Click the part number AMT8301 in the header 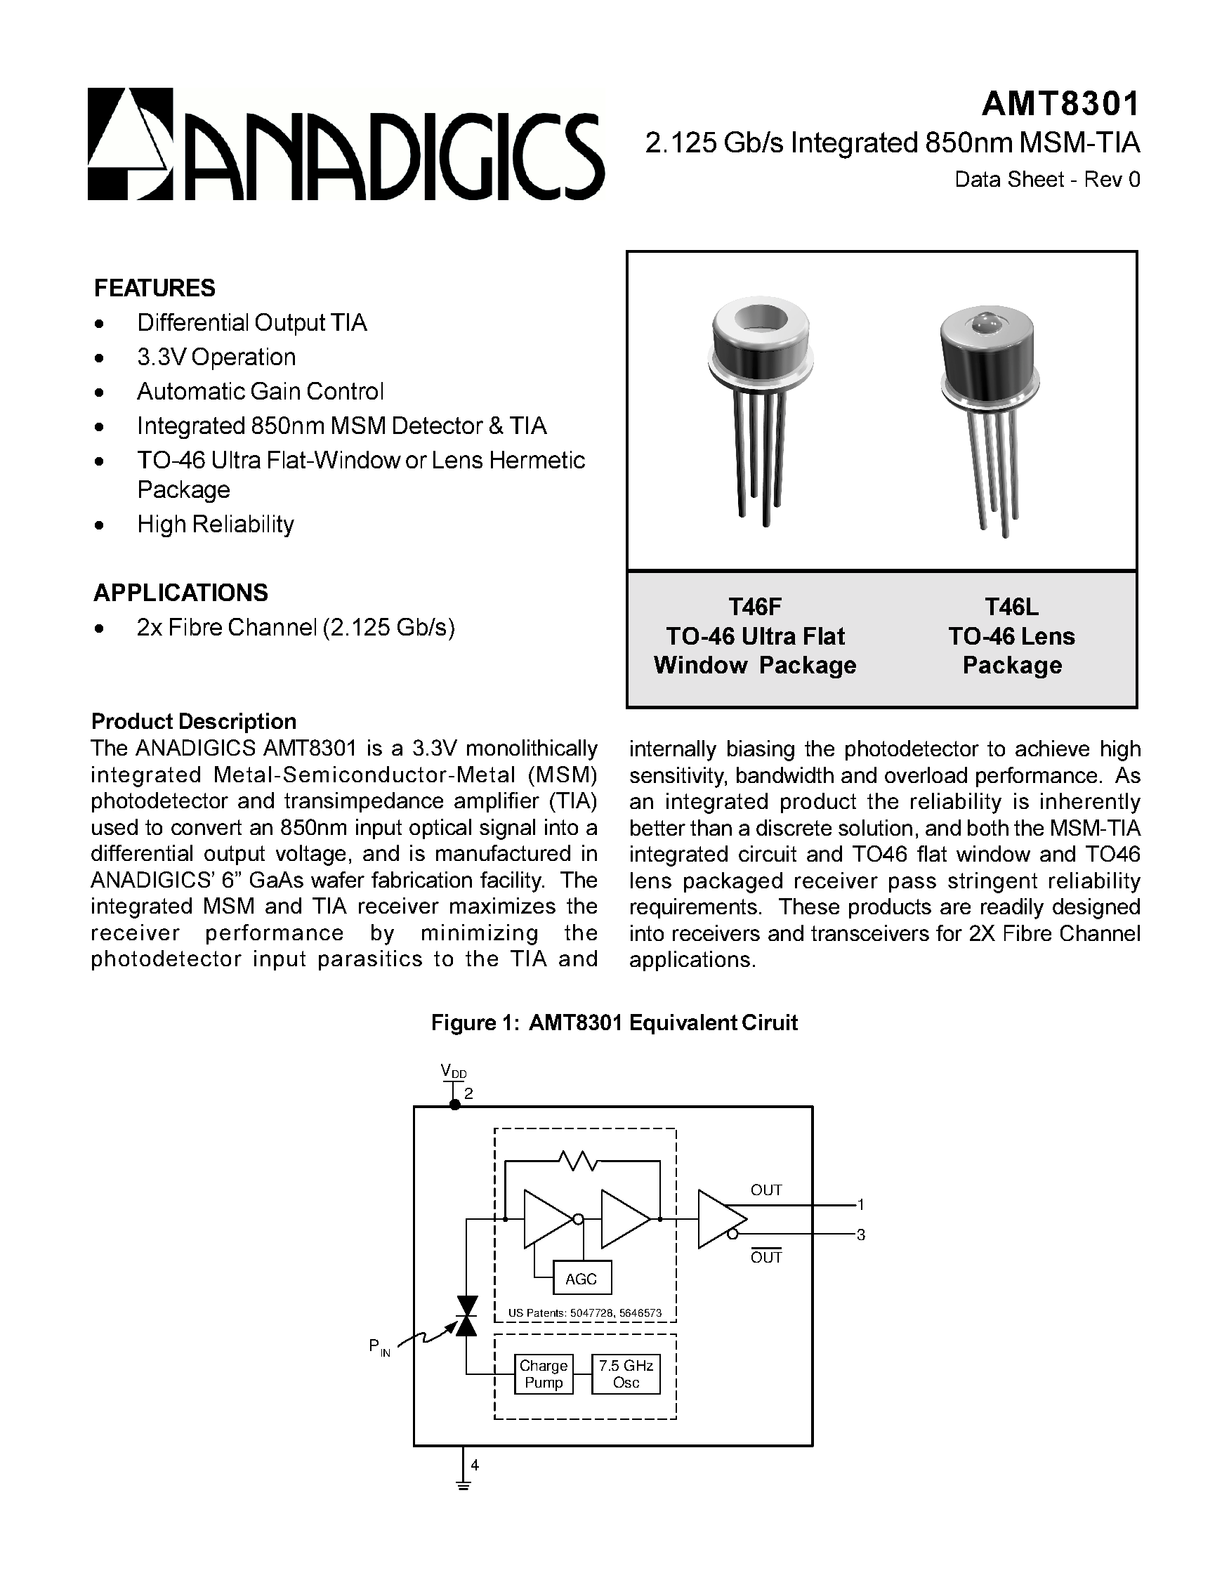click(x=1060, y=104)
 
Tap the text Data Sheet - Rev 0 click(x=1046, y=179)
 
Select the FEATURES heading click(x=154, y=288)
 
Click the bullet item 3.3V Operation click(x=216, y=357)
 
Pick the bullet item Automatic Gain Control click(x=260, y=391)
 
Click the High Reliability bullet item click(x=215, y=524)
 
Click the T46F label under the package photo click(x=754, y=606)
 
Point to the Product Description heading click(x=193, y=721)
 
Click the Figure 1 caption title click(x=613, y=1022)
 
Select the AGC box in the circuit click(x=581, y=1278)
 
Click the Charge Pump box click(x=544, y=1374)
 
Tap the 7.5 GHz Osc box click(x=626, y=1374)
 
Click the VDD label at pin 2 click(x=454, y=1071)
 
